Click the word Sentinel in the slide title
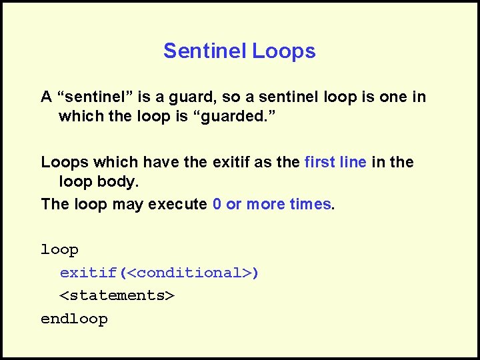tap(205, 51)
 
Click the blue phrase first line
tap(335, 162)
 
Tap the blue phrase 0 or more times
tap(271, 204)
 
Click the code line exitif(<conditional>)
tap(159, 273)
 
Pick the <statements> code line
tap(117, 295)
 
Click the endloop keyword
tap(74, 319)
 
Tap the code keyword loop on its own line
tap(60, 250)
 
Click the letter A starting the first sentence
tap(47, 97)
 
